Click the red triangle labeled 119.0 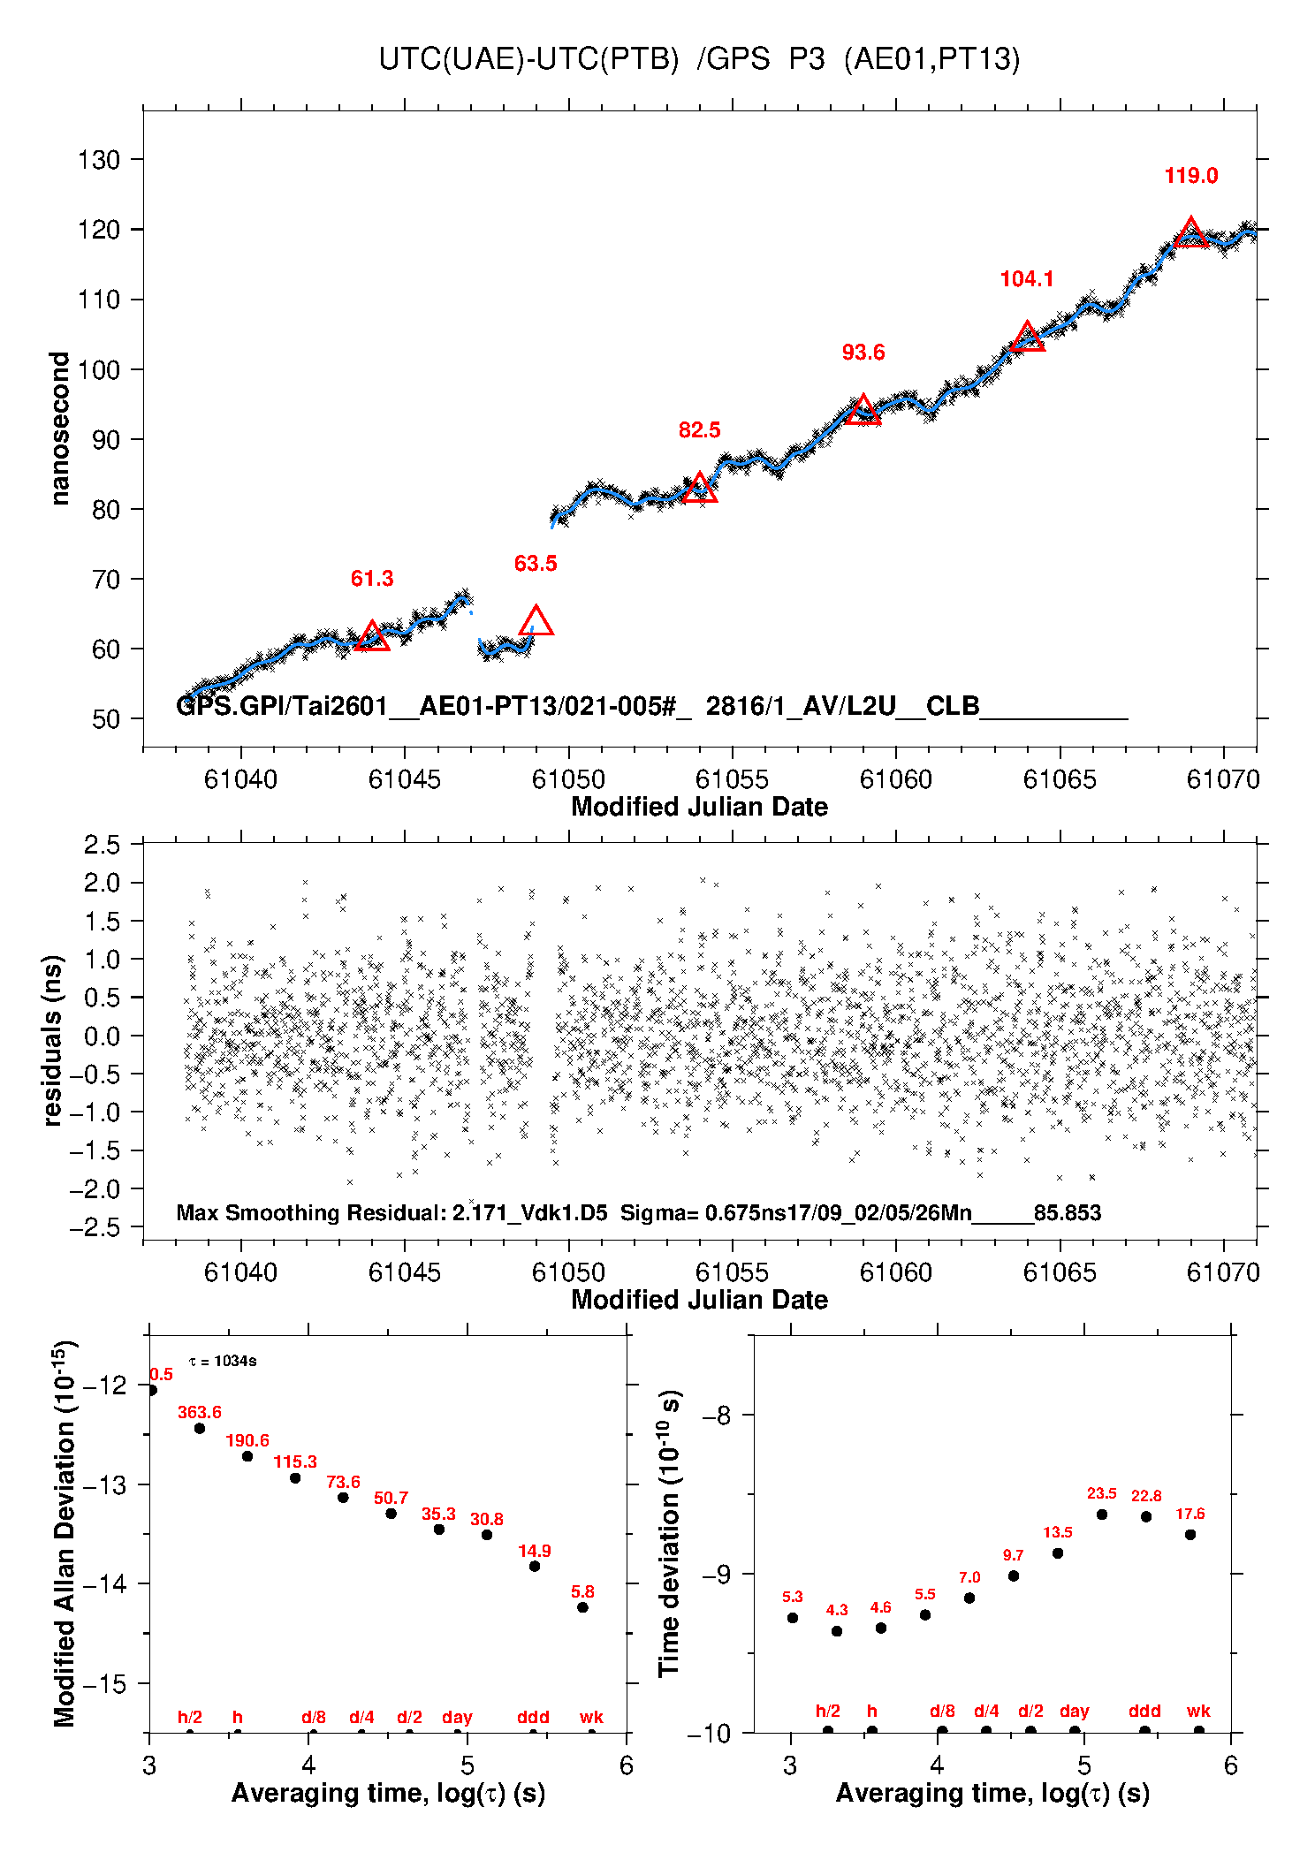pyautogui.click(x=1190, y=233)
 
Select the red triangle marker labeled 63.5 pyautogui.click(x=536, y=621)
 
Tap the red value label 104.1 pyautogui.click(x=1026, y=279)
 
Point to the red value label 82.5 pyautogui.click(x=699, y=430)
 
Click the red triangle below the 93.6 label pyautogui.click(x=863, y=410)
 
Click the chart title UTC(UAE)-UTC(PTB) pyautogui.click(x=528, y=59)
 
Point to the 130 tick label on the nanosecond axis pyautogui.click(x=98, y=160)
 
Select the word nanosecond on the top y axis pyautogui.click(x=59, y=429)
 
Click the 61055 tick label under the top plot pyautogui.click(x=732, y=779)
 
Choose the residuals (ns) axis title pyautogui.click(x=53, y=1040)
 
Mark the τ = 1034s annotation pyautogui.click(x=223, y=1361)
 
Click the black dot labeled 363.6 pyautogui.click(x=200, y=1428)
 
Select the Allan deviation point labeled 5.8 pyautogui.click(x=582, y=1607)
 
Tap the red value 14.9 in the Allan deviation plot pyautogui.click(x=534, y=1551)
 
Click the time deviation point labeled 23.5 pyautogui.click(x=1102, y=1515)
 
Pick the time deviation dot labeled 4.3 pyautogui.click(x=837, y=1631)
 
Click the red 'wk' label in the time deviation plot pyautogui.click(x=1198, y=1712)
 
